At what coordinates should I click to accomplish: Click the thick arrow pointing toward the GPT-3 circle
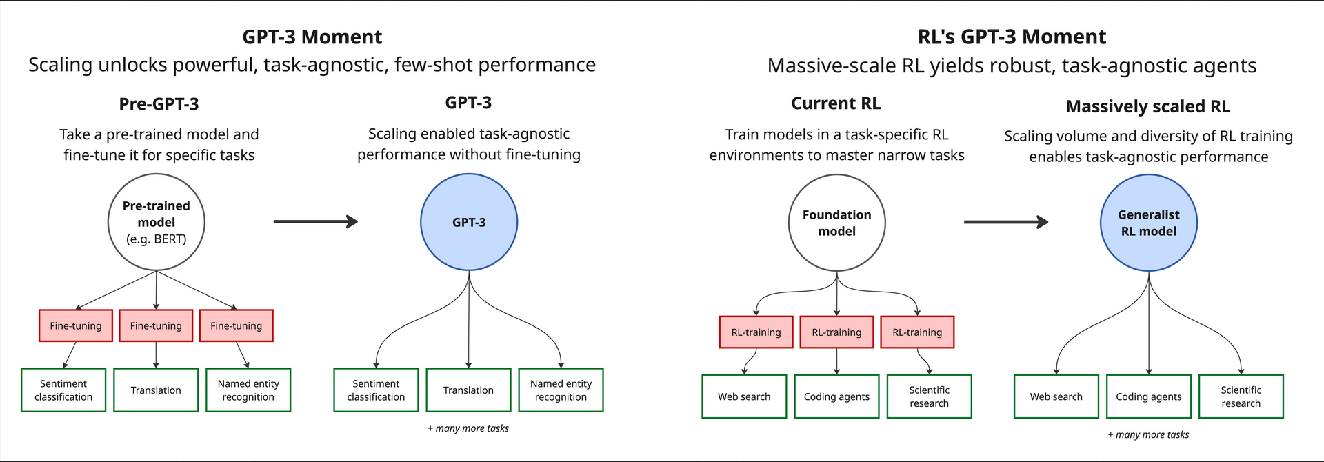(x=316, y=221)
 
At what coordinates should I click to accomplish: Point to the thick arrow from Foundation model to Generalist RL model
(x=1006, y=222)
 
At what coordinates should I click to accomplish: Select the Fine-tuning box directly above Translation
(x=156, y=325)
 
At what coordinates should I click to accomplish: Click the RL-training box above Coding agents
(x=836, y=332)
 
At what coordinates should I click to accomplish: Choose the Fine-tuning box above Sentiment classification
(x=76, y=325)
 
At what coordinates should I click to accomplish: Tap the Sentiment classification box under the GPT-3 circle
(x=376, y=390)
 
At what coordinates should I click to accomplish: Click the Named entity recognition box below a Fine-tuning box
(x=248, y=390)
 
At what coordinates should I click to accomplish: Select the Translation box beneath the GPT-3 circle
(x=469, y=390)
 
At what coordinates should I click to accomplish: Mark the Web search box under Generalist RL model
(x=1056, y=396)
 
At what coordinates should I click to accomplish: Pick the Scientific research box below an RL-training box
(x=930, y=396)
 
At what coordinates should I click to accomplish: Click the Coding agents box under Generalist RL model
(x=1149, y=396)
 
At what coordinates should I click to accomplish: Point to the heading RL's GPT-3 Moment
(x=1012, y=37)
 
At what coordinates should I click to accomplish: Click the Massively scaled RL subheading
(x=1148, y=106)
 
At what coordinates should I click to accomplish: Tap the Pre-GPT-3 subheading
(x=159, y=104)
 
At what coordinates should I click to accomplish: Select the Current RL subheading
(x=836, y=103)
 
